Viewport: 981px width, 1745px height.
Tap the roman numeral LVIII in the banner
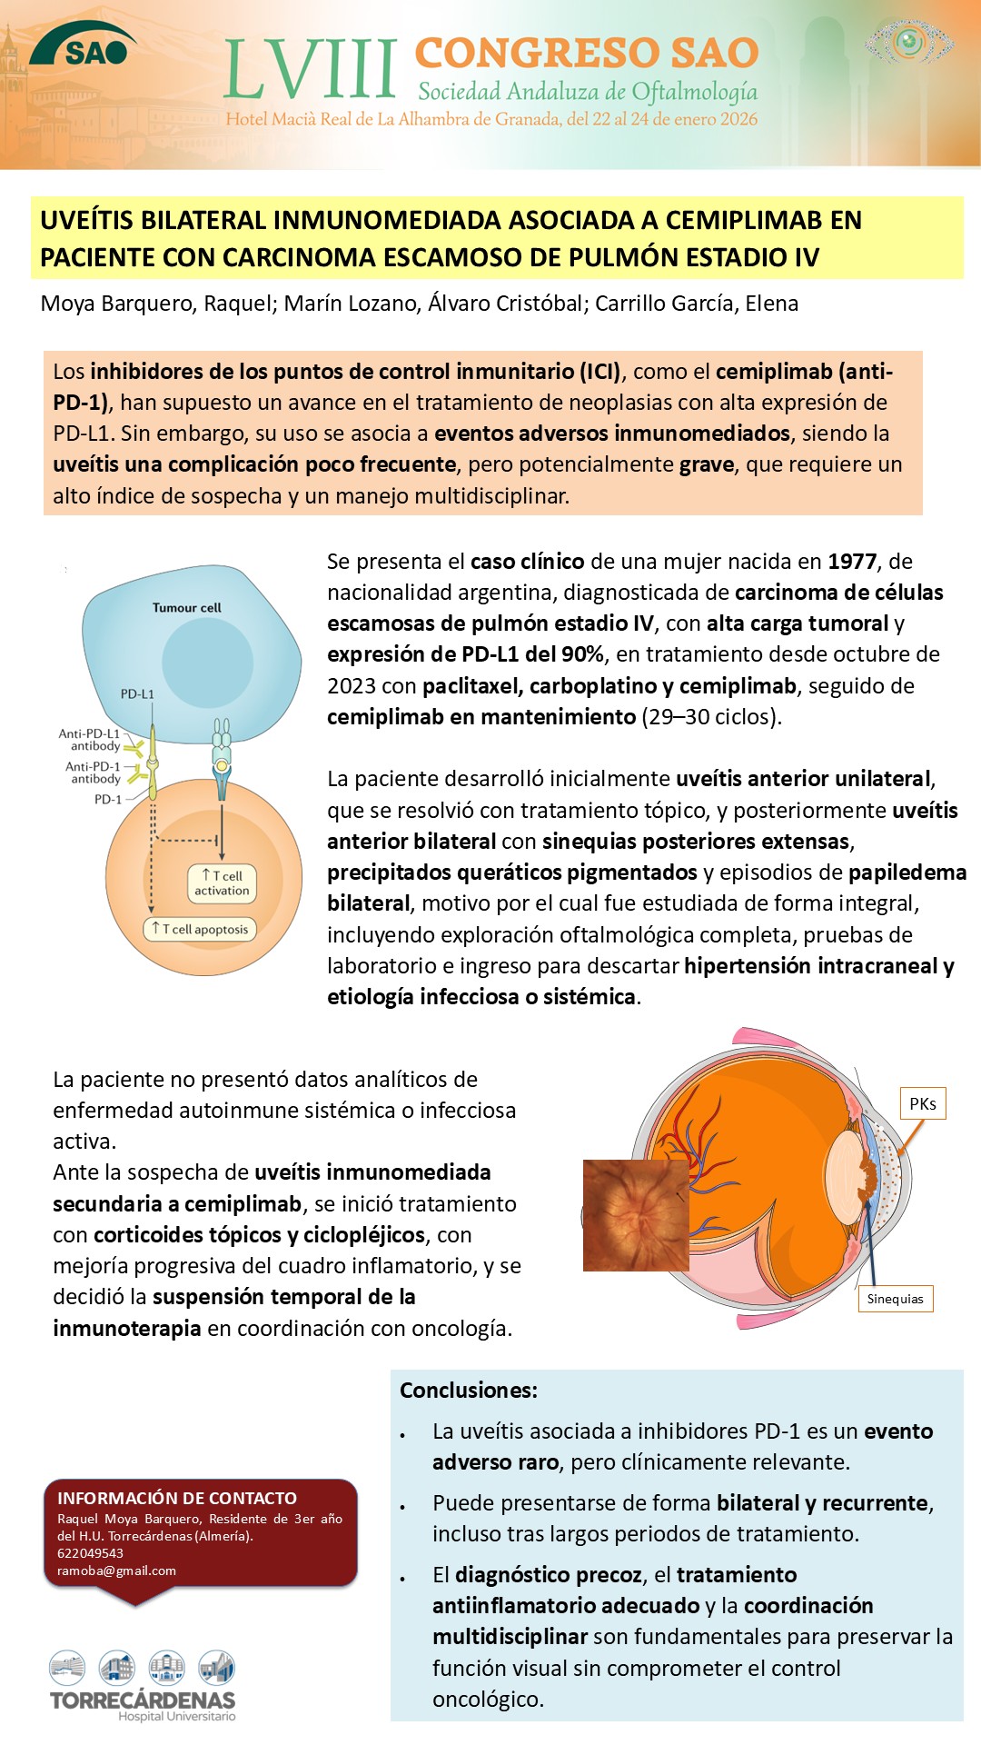[310, 70]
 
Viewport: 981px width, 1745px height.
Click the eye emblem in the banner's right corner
[908, 42]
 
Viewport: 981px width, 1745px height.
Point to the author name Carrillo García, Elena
[697, 304]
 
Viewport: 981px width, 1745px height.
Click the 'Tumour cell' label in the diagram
[186, 608]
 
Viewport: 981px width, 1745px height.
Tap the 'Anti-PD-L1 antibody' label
[89, 739]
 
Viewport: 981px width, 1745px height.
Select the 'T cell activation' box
[222, 883]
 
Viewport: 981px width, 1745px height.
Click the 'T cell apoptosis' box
[200, 929]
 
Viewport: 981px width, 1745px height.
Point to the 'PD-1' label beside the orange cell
[107, 800]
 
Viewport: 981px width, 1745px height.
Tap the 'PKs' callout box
[922, 1103]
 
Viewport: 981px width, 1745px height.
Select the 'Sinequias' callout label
[895, 1299]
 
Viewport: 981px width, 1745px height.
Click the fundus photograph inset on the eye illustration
[635, 1215]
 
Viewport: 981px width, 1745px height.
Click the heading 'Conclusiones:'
[469, 1391]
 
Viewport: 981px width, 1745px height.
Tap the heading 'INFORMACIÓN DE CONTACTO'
[177, 1498]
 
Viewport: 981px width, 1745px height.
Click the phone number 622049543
[90, 1553]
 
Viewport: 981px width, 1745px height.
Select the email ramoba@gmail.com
[116, 1570]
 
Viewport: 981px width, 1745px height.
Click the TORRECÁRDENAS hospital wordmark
[143, 1700]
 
